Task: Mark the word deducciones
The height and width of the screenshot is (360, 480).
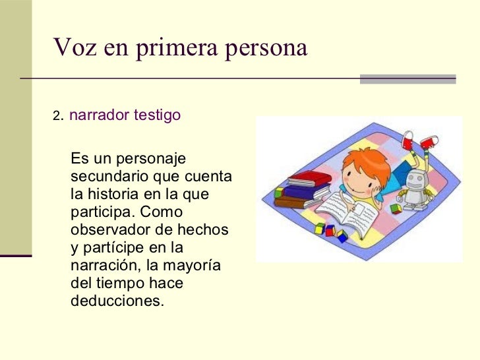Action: [115, 301]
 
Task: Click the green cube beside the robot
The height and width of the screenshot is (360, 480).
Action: [396, 208]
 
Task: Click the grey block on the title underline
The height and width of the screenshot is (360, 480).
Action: [407, 78]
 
